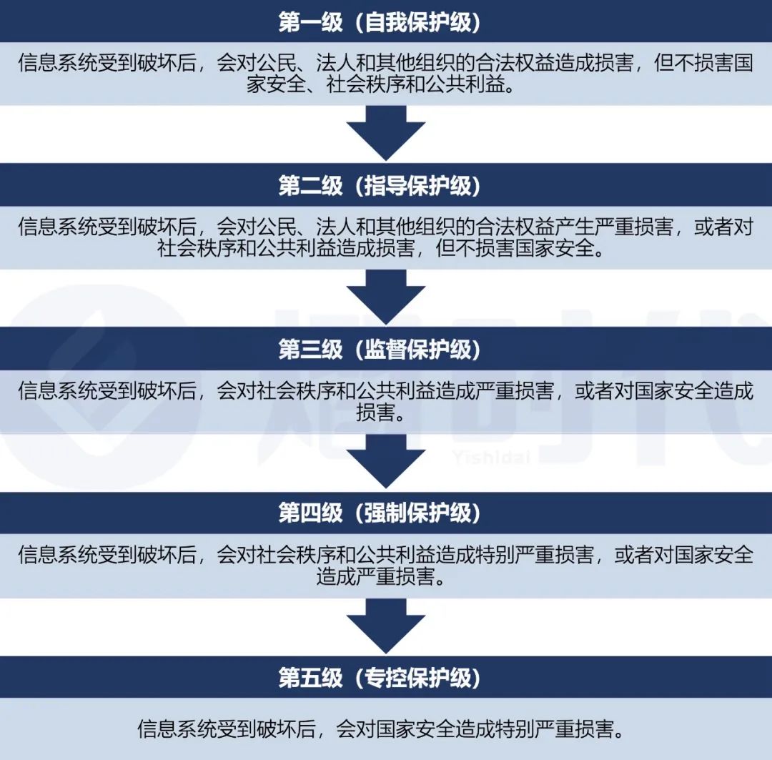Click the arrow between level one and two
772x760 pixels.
tap(386, 133)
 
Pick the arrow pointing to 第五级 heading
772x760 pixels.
tap(386, 624)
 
